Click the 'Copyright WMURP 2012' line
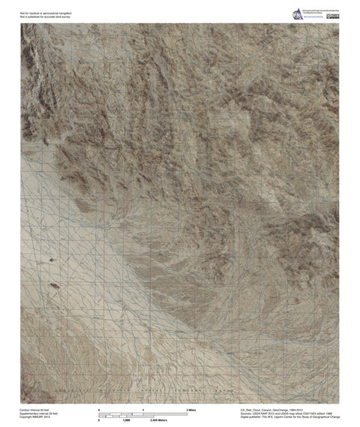35,419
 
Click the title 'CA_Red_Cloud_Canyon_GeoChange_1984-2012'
276,410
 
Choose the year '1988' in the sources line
331,414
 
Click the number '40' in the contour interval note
43,410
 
